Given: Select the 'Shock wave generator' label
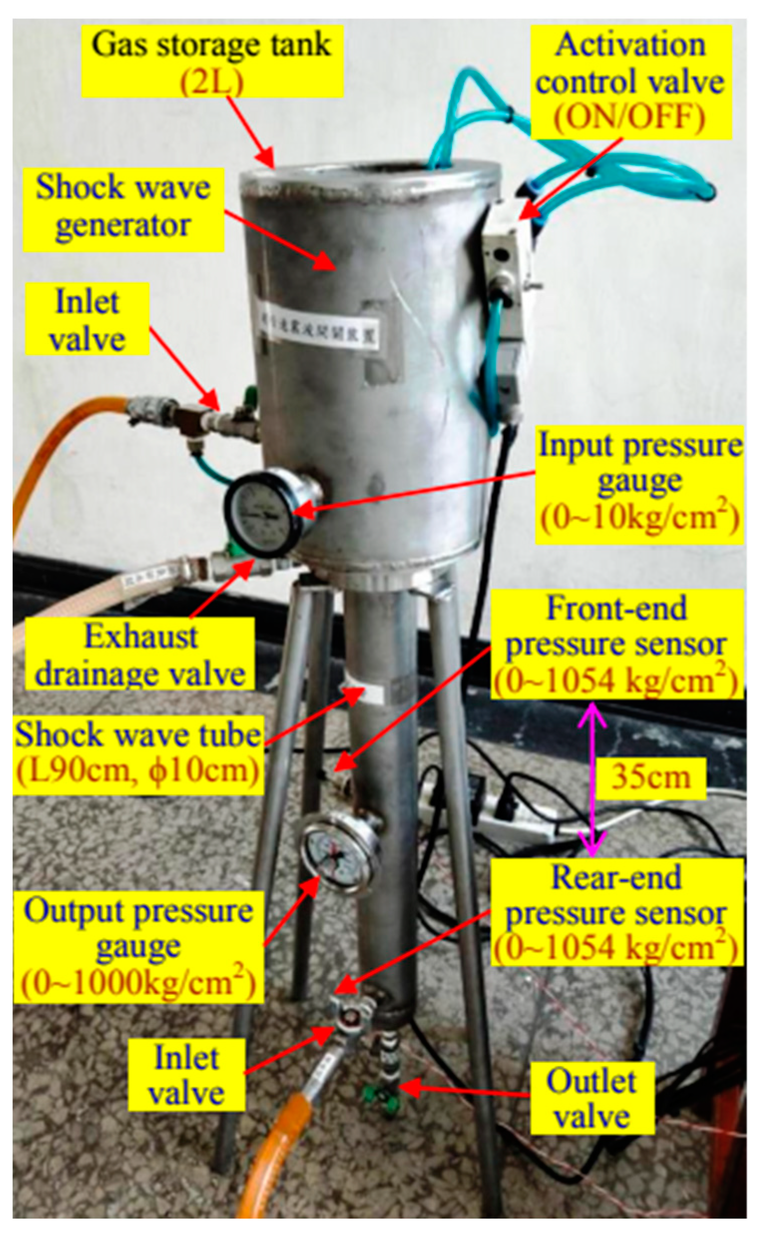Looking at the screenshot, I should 123,207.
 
